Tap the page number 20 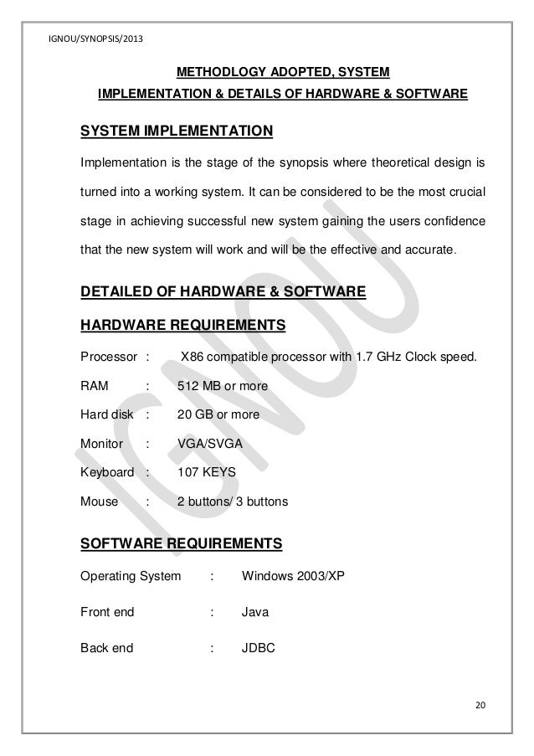[479, 701]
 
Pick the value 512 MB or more [222, 387]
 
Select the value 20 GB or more [218, 414]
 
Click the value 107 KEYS [207, 473]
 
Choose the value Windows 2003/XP [288, 577]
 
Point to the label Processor [108, 358]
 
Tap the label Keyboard [106, 473]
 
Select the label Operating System [130, 577]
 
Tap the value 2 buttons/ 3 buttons [233, 502]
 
